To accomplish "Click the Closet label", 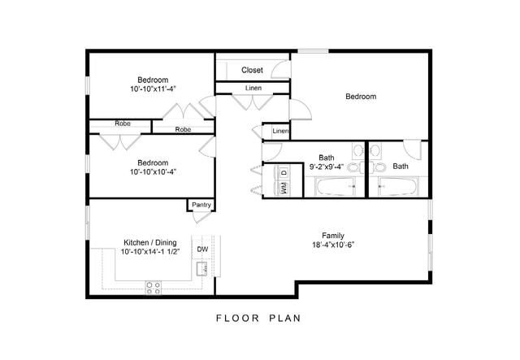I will [252, 71].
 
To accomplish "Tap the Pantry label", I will [201, 205].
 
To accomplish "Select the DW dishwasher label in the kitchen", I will [202, 249].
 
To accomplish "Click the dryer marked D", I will [284, 172].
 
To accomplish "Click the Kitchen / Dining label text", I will [149, 243].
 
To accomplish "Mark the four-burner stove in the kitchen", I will [153, 286].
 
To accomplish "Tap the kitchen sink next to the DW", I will [201, 267].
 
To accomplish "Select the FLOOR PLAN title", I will [258, 318].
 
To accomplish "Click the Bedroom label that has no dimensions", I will [361, 97].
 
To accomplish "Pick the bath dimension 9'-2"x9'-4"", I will [327, 167].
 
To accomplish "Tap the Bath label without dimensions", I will [401, 167].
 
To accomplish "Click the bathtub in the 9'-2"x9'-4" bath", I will [339, 187].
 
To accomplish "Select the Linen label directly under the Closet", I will [253, 88].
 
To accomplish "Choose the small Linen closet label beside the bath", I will [280, 131].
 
